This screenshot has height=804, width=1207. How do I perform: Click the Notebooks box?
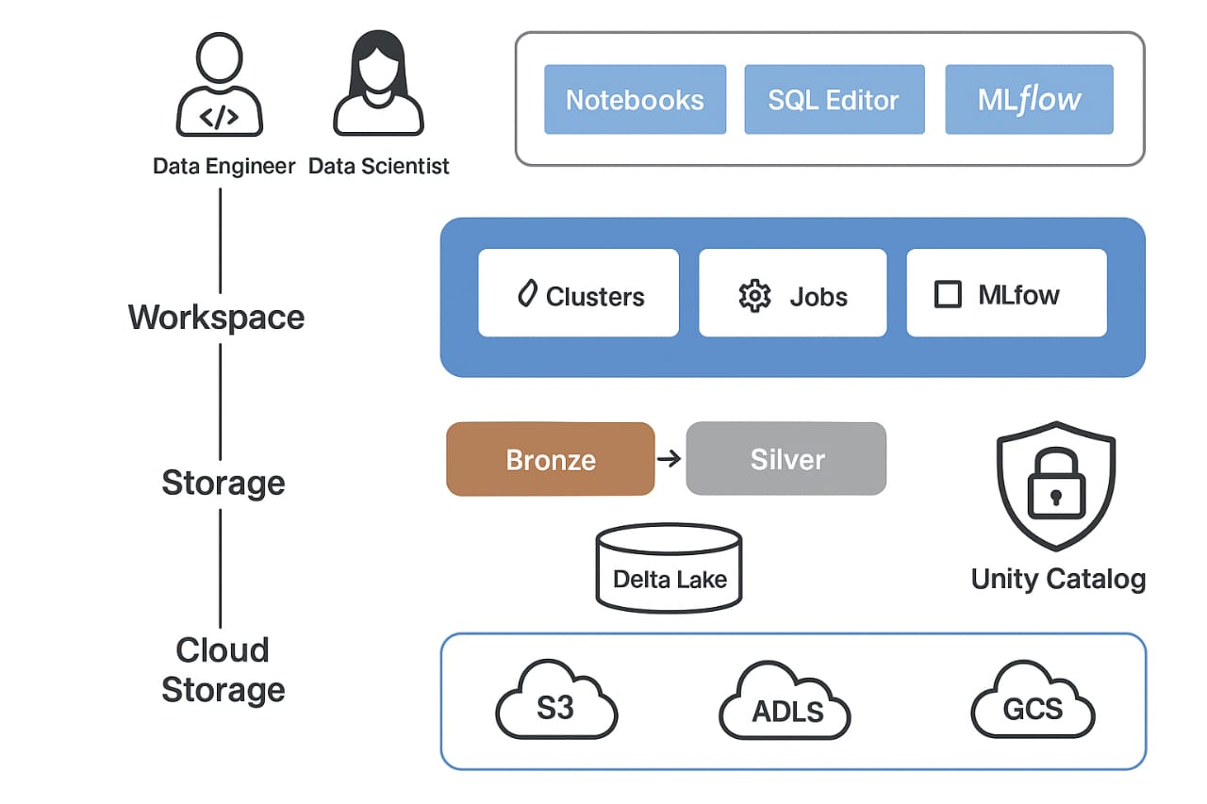pos(635,99)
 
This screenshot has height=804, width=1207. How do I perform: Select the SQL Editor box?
pos(834,99)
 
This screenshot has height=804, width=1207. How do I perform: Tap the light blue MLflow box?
pos(1029,99)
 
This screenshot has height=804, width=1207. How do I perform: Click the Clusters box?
pos(578,292)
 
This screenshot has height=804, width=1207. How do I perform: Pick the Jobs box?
pos(792,292)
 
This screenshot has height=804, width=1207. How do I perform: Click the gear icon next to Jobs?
pos(754,296)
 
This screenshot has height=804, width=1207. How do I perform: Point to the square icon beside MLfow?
pos(948,295)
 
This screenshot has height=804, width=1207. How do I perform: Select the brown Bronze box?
pos(551,459)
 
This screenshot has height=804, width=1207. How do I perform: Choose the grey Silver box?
pos(786,459)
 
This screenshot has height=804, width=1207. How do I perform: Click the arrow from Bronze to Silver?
pos(669,459)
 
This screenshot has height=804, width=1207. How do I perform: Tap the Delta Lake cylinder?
pos(670,568)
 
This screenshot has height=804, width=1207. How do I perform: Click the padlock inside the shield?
pos(1055,487)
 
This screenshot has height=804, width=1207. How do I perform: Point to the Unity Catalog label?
pos(1058,579)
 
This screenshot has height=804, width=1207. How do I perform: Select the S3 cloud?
pos(556,704)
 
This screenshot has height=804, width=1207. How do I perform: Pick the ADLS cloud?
pos(785,707)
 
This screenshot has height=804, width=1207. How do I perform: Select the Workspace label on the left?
pos(217,317)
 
